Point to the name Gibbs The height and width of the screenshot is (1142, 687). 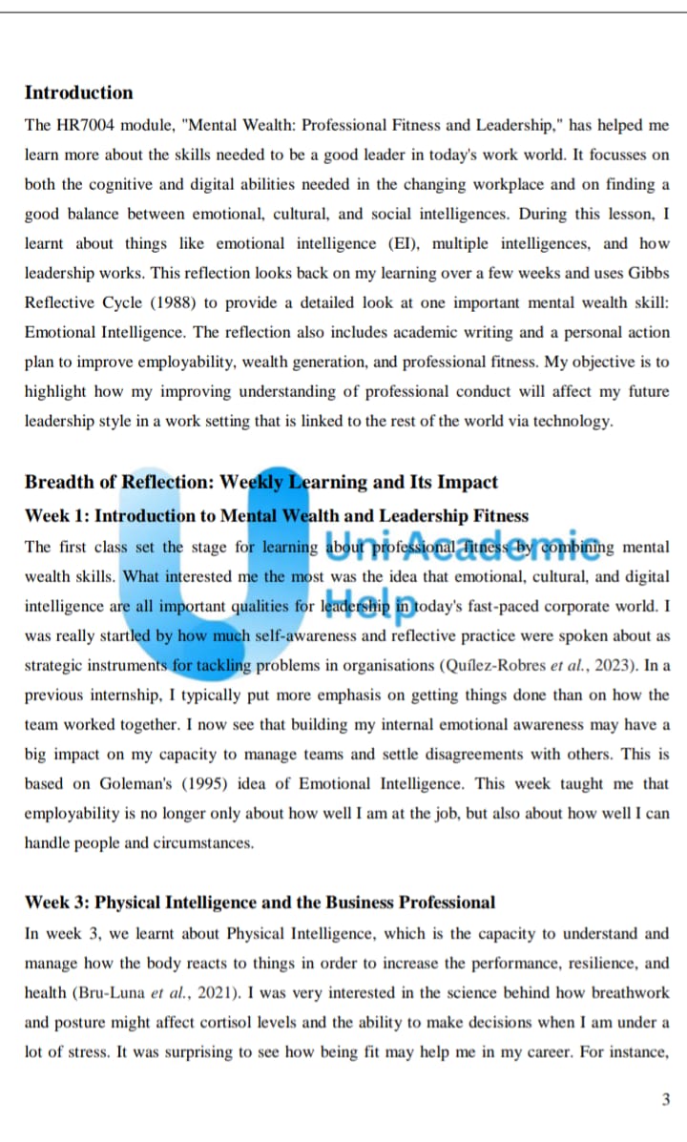click(x=648, y=273)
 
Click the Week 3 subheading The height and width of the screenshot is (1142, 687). click(x=260, y=903)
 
